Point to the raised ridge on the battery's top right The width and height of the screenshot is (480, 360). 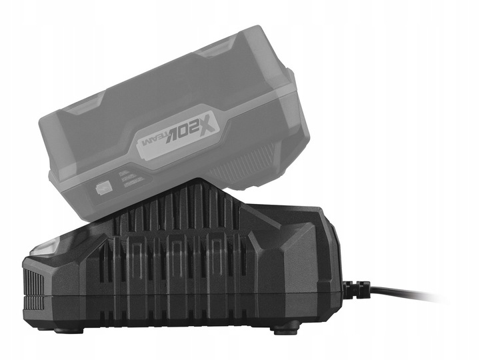[219, 47]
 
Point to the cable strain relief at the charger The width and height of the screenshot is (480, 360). [356, 289]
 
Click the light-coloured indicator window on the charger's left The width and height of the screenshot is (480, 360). [43, 247]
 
